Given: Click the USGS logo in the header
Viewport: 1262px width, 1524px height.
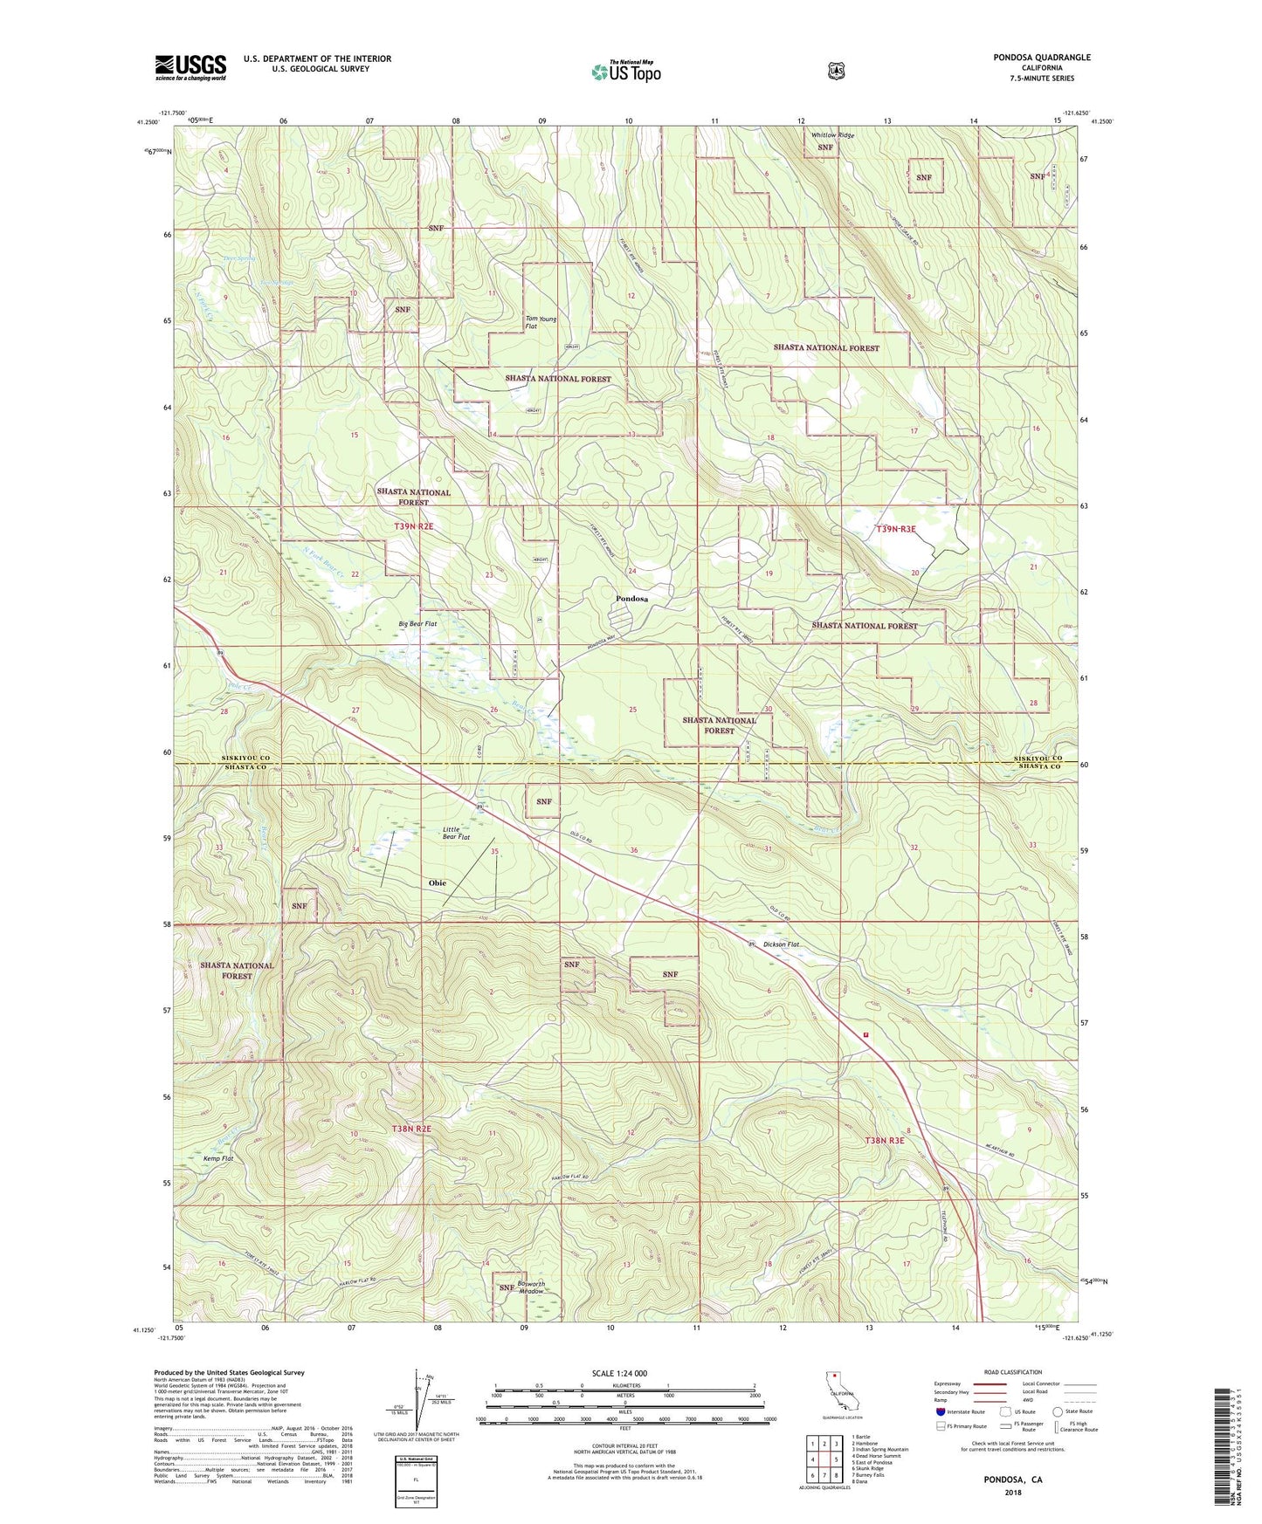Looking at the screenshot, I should [190, 67].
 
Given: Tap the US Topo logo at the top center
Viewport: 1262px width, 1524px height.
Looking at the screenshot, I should [625, 71].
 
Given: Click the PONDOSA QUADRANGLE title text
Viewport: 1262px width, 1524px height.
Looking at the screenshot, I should [1041, 58].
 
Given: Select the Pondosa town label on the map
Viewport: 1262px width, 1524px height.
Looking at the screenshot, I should [631, 599].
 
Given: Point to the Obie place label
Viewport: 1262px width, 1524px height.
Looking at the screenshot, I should [437, 882].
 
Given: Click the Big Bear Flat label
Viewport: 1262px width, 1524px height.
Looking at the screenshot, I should [417, 624].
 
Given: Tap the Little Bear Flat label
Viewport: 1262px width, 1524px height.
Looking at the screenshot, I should [456, 832].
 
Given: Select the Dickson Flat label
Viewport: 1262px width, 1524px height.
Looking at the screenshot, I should [781, 944].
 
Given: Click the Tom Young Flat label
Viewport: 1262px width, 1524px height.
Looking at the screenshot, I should [541, 322].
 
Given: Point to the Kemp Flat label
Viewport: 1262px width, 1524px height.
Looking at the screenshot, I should [218, 1158].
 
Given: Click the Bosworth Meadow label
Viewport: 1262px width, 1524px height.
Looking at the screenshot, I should [531, 1287].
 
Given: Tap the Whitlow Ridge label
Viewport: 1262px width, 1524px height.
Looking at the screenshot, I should [832, 135].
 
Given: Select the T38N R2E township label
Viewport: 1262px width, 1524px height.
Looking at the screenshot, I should [412, 1129].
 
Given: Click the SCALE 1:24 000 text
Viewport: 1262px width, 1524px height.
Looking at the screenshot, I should [619, 1373].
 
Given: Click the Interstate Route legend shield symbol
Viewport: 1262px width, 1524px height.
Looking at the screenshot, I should [940, 1411].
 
